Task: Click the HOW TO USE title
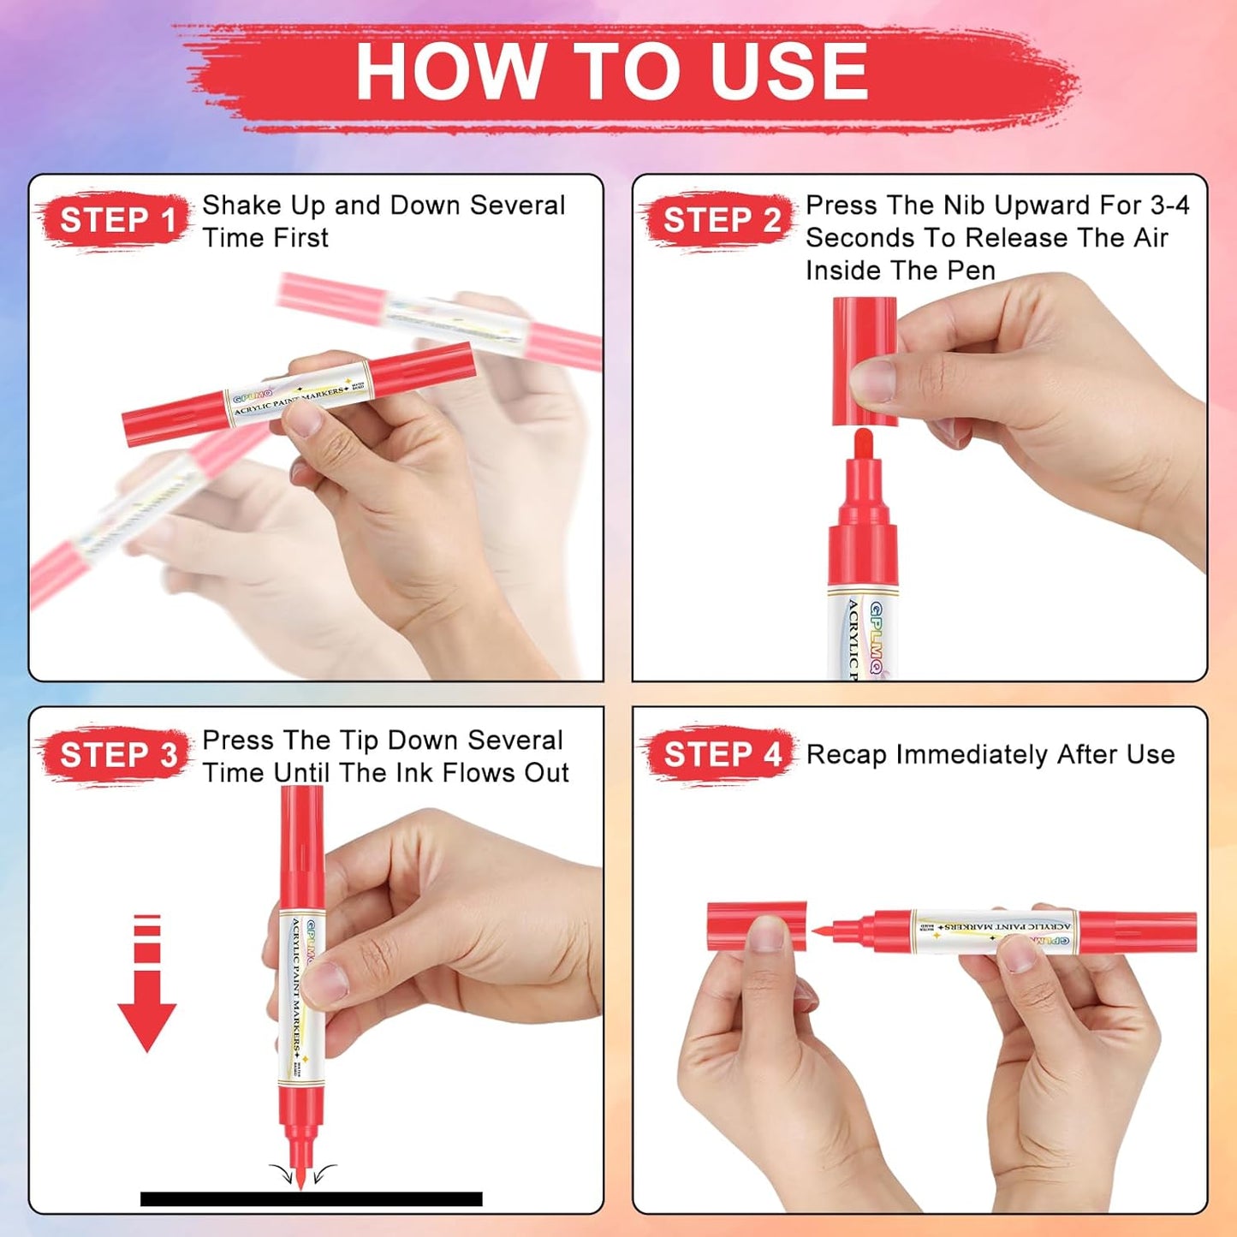[x=611, y=72]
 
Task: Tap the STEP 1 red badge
[x=116, y=221]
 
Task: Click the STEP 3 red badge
[x=117, y=755]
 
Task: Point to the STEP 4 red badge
[x=721, y=755]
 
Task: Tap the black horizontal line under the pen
[x=311, y=1198]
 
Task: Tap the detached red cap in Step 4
[x=757, y=926]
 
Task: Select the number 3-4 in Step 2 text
[x=1169, y=205]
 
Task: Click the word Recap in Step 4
[x=846, y=755]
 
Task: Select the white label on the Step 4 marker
[x=993, y=931]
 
